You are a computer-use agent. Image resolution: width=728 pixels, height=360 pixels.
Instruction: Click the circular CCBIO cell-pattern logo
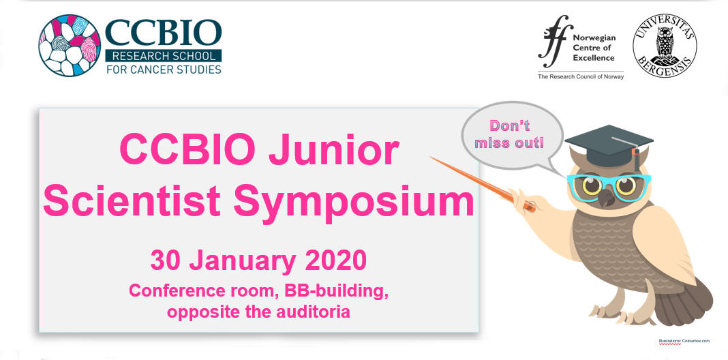(x=70, y=45)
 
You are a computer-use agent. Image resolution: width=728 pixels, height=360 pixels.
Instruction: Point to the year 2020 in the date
(x=335, y=260)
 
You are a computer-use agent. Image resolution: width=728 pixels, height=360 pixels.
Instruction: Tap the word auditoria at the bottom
(x=313, y=312)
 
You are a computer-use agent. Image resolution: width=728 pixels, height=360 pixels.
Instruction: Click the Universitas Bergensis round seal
(x=665, y=45)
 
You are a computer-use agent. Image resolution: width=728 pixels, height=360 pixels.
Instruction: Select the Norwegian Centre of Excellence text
(x=594, y=48)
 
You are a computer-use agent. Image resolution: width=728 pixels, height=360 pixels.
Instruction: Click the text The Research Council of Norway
(x=581, y=76)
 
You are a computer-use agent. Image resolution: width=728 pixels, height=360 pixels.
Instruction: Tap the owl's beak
(x=605, y=198)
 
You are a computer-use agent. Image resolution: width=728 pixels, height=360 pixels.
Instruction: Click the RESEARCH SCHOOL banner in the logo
(x=164, y=56)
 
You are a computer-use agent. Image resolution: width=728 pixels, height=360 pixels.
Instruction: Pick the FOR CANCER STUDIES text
(x=164, y=70)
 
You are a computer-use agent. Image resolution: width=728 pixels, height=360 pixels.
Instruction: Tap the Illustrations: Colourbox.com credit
(x=684, y=342)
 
